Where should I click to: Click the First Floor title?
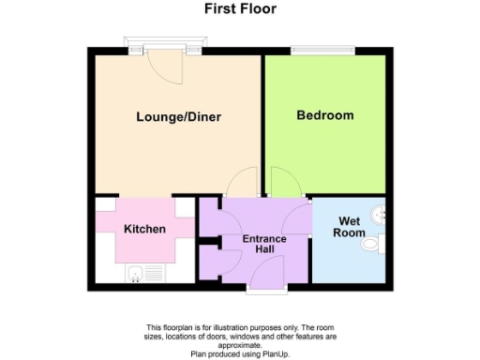click(x=241, y=9)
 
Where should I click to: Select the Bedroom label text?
click(x=325, y=115)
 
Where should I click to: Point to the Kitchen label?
click(x=144, y=229)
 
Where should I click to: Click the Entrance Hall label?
click(x=263, y=245)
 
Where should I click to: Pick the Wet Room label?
click(x=351, y=227)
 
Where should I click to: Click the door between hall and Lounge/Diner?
click(x=244, y=183)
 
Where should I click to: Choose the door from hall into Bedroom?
click(x=282, y=182)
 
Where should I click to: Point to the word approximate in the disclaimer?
click(x=241, y=344)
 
